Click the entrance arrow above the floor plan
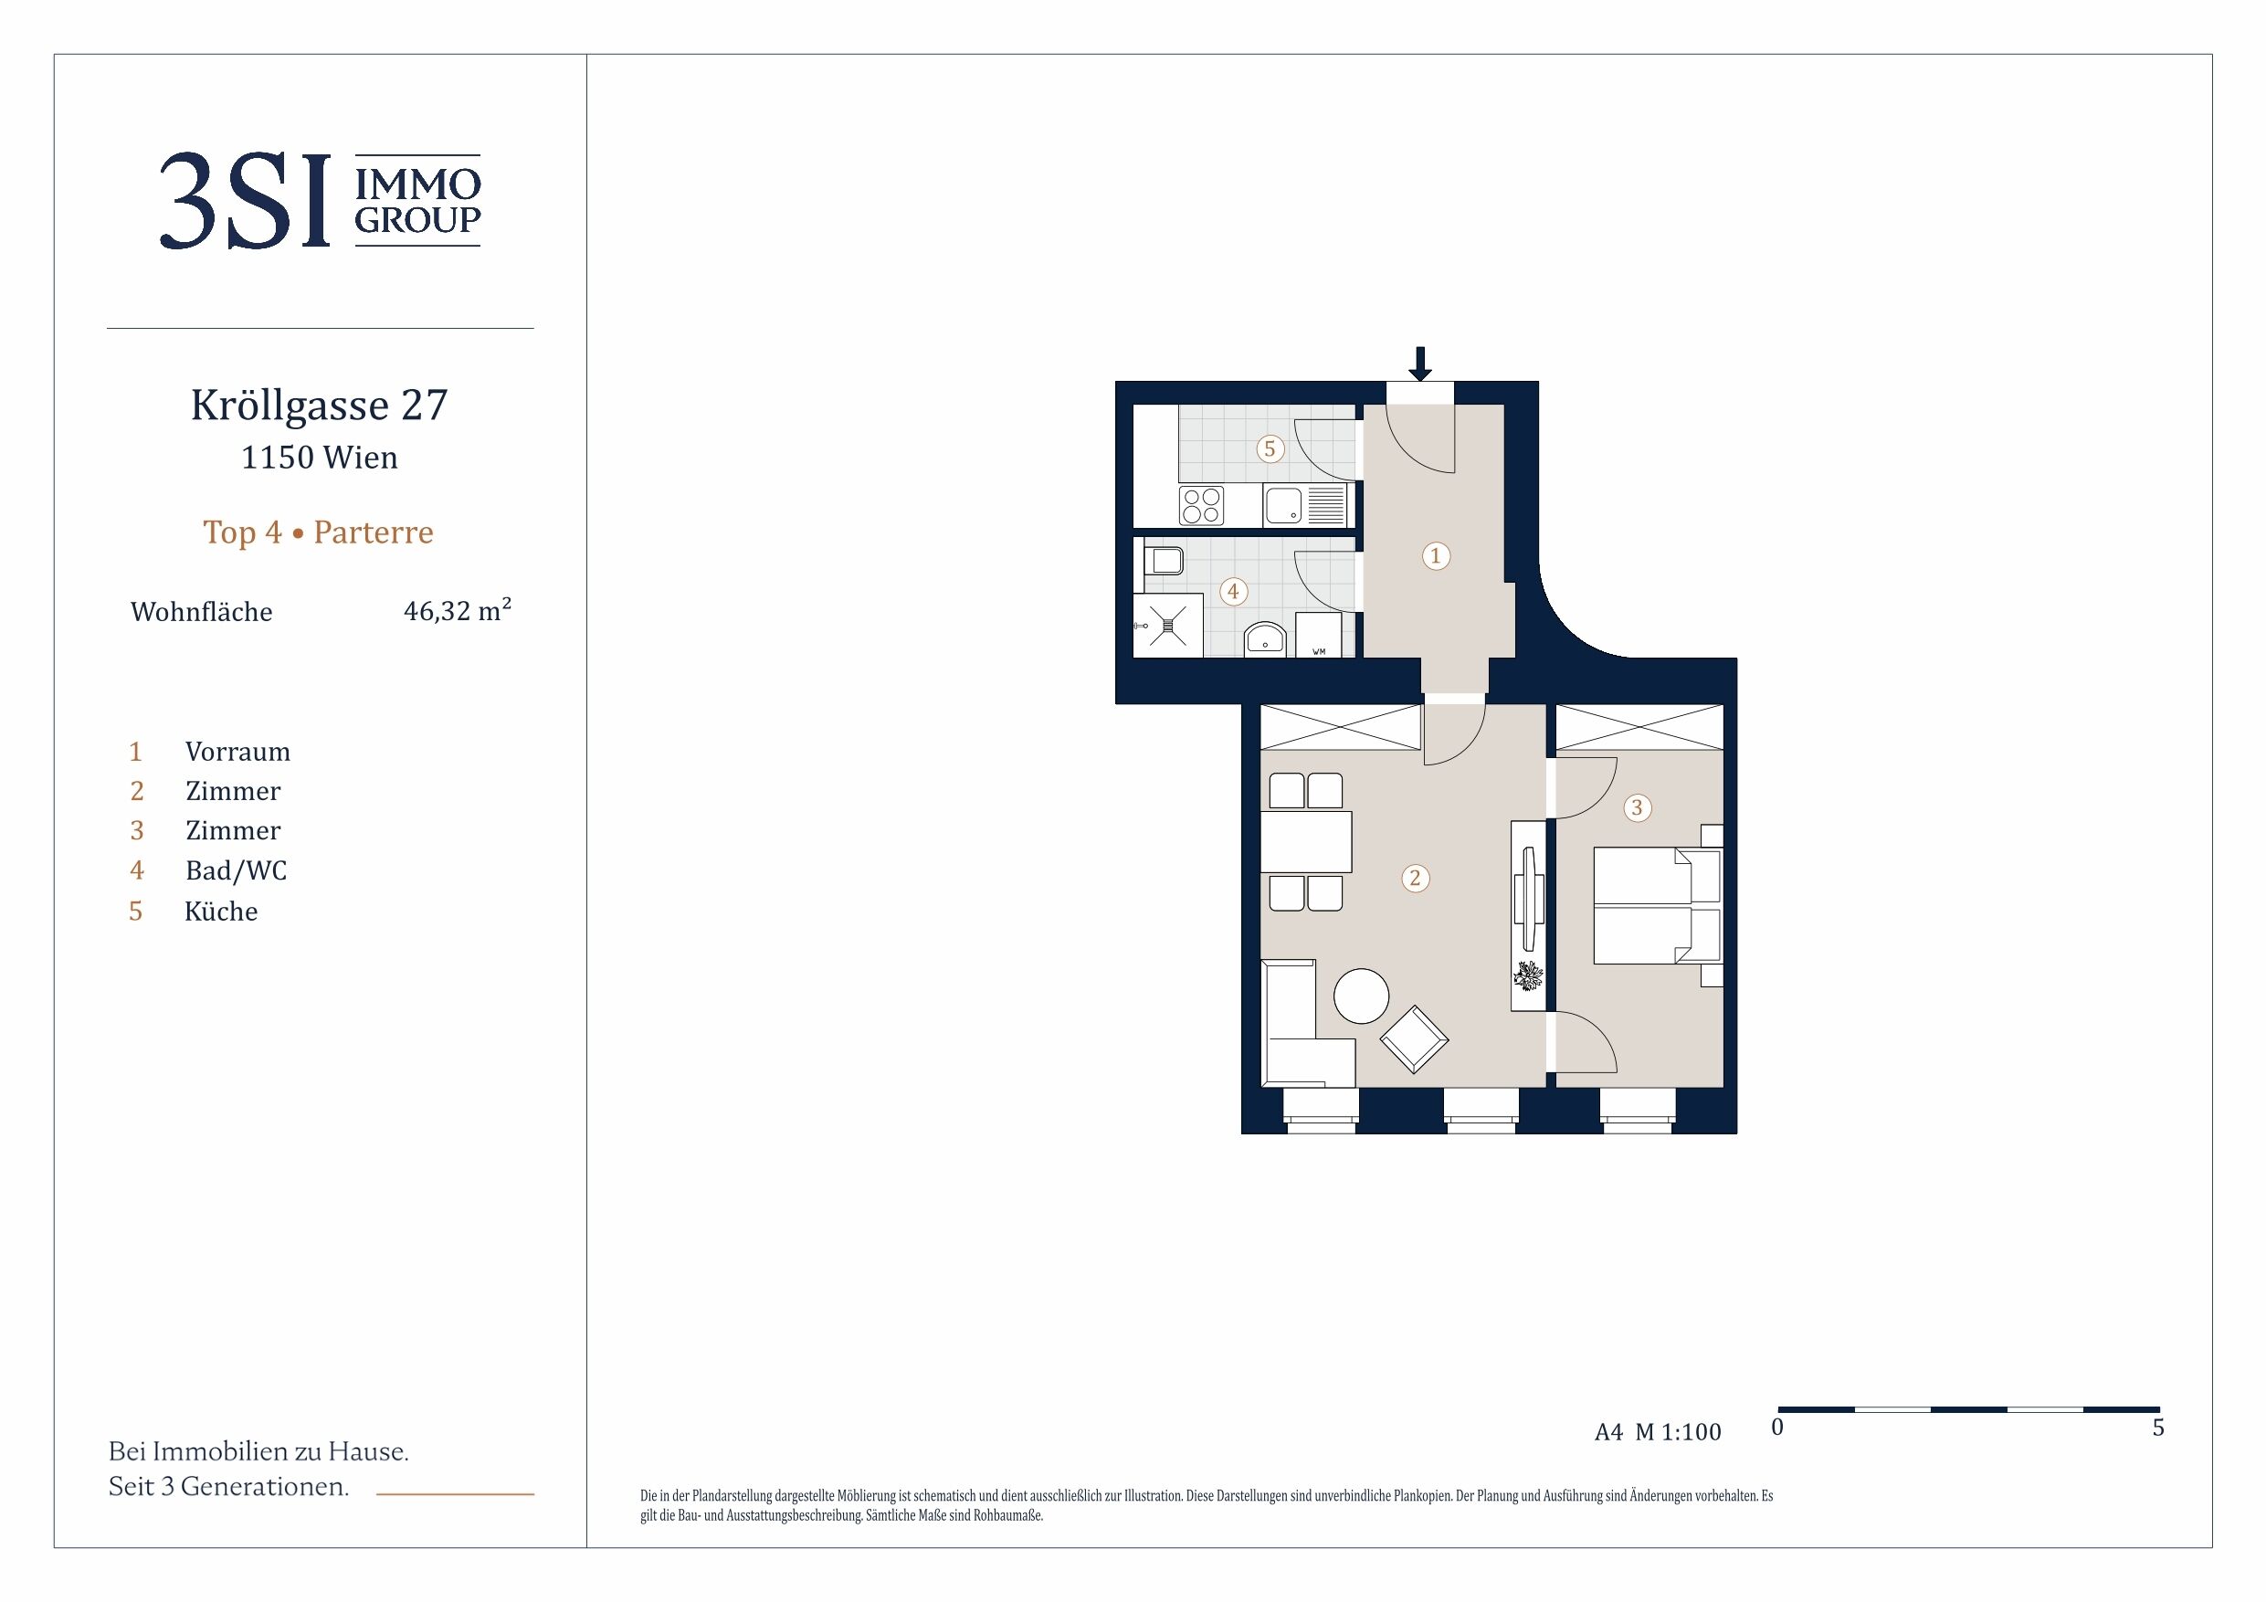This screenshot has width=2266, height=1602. pyautogui.click(x=1420, y=364)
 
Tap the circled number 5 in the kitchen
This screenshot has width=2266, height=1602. pyautogui.click(x=1270, y=449)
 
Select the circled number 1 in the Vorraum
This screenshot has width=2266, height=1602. pyautogui.click(x=1436, y=555)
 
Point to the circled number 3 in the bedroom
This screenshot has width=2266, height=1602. pyautogui.click(x=1638, y=808)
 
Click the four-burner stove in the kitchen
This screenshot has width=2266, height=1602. pyautogui.click(x=1202, y=506)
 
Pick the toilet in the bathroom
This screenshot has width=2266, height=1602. pyautogui.click(x=1164, y=562)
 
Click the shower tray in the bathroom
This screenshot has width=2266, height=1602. pyautogui.click(x=1168, y=625)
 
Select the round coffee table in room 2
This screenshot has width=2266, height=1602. pyautogui.click(x=1361, y=996)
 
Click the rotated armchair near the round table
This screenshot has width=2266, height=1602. pyautogui.click(x=1414, y=1039)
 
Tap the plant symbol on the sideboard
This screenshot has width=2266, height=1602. pyautogui.click(x=1529, y=976)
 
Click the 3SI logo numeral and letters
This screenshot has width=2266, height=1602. pyautogui.click(x=245, y=200)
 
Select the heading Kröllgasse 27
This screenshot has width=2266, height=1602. pyautogui.click(x=320, y=406)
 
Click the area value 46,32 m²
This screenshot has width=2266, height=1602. pyautogui.click(x=457, y=610)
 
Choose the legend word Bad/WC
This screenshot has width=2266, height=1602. pyautogui.click(x=236, y=870)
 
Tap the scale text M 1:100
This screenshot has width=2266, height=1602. pyautogui.click(x=1678, y=1432)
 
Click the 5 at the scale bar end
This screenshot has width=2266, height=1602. pyautogui.click(x=2158, y=1428)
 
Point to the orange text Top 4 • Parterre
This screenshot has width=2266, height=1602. pyautogui.click(x=318, y=532)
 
